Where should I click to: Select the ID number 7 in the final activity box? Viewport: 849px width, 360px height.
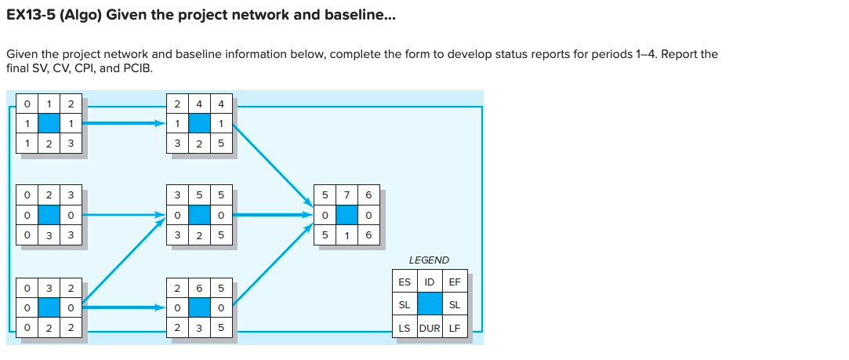346,194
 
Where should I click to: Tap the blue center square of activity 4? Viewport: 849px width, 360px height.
199,123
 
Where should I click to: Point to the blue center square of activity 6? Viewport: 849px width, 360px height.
199,307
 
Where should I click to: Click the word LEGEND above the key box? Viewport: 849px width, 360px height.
429,260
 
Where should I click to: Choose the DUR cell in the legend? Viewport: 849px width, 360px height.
430,328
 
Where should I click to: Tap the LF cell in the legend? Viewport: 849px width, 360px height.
455,328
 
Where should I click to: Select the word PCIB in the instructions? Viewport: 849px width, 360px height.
139,67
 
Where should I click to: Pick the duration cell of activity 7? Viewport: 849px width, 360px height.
346,235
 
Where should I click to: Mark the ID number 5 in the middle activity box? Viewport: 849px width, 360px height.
199,194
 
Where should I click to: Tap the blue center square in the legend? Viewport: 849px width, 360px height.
430,304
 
